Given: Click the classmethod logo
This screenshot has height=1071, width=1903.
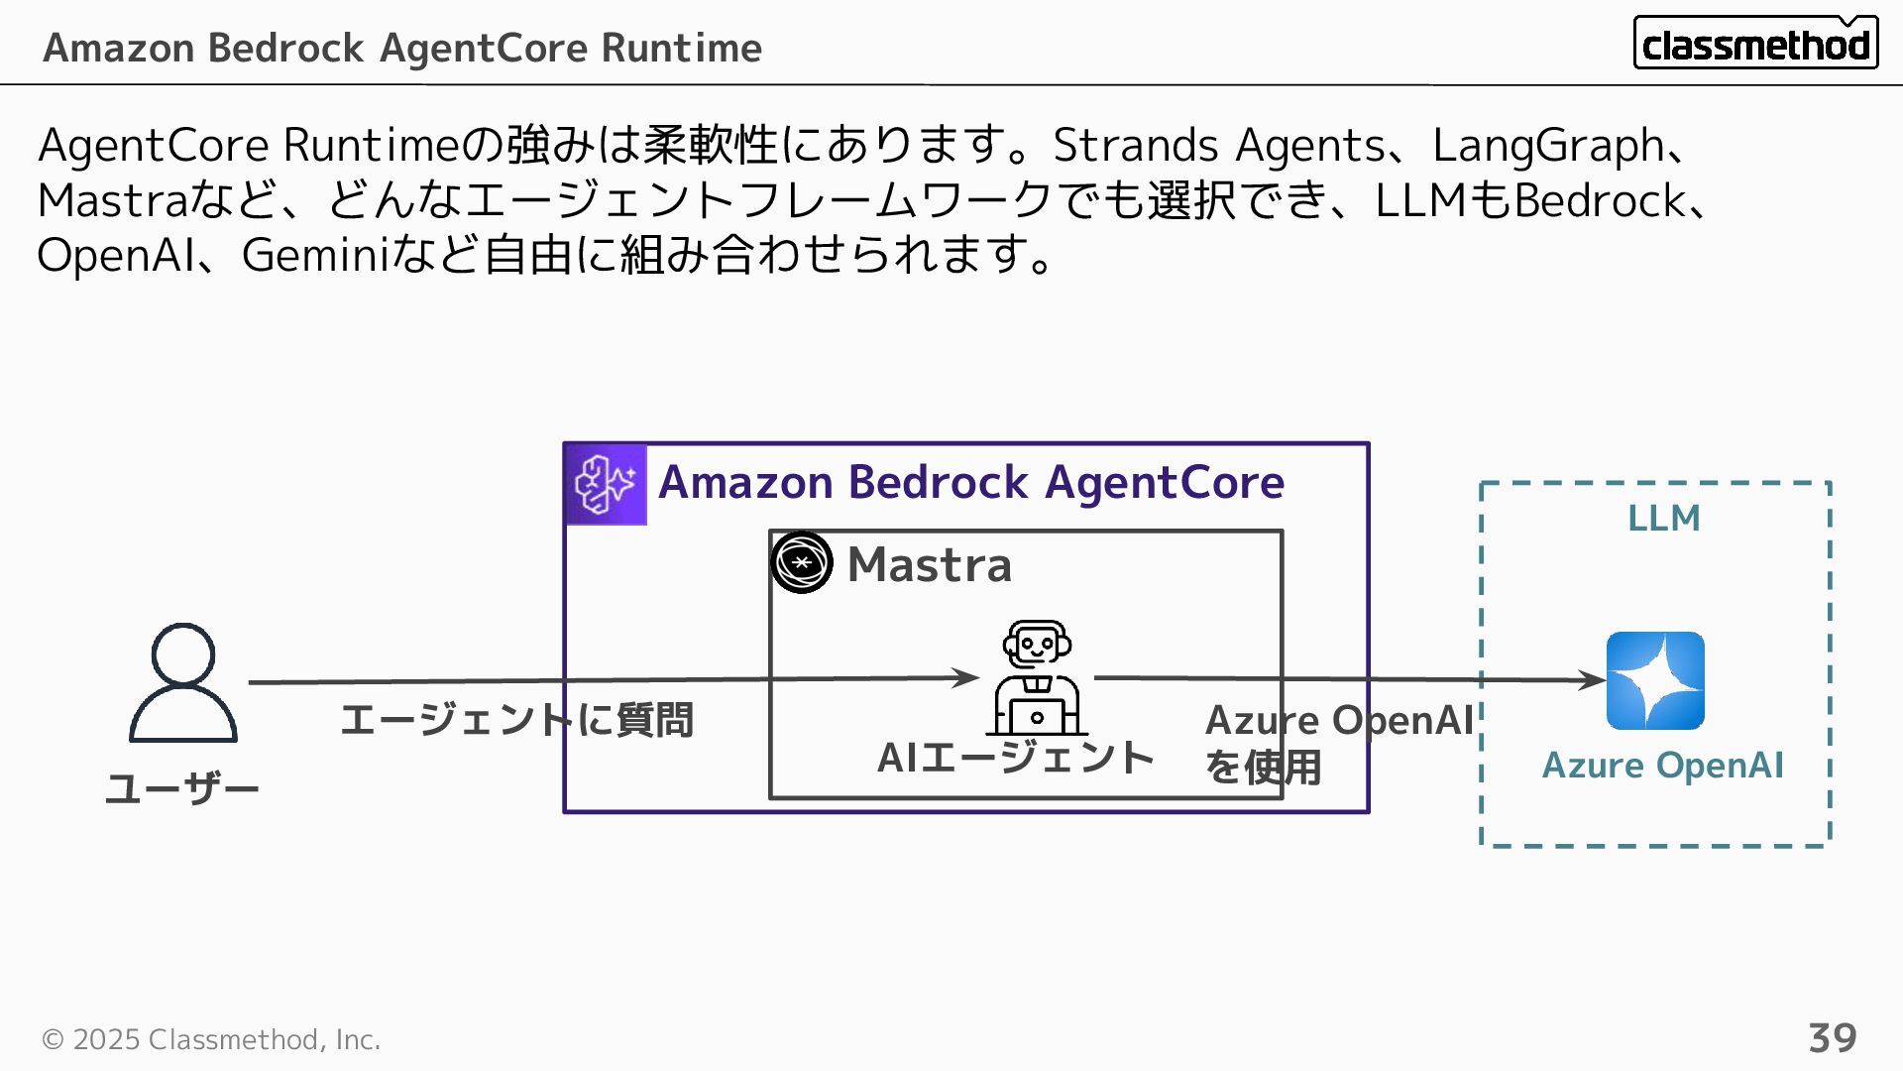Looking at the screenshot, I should [1755, 43].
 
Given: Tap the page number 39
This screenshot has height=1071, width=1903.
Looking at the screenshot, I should [1832, 1038].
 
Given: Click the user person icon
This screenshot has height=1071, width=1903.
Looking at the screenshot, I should [183, 682].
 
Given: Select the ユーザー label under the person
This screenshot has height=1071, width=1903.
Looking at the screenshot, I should [182, 789].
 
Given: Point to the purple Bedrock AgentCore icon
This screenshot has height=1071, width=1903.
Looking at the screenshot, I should [606, 484].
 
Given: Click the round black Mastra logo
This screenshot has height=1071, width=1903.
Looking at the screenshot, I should [802, 562].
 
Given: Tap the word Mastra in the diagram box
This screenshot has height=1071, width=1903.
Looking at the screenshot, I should [930, 564].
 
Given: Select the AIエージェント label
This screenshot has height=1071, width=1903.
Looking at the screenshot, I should [1016, 758].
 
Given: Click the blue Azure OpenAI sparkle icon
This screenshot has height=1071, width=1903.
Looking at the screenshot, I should [1655, 680].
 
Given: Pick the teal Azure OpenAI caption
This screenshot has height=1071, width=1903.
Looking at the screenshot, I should [1662, 766].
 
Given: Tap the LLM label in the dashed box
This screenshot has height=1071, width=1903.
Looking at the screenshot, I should [1663, 518].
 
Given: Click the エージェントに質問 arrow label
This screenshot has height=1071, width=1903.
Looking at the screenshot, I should [516, 720].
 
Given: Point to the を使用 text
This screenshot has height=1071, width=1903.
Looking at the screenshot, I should [1263, 767].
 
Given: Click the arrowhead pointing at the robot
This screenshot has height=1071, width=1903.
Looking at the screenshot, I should [965, 677].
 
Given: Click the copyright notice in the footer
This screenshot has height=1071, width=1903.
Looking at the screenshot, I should [211, 1039].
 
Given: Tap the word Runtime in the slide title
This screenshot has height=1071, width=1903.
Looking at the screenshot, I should [681, 48].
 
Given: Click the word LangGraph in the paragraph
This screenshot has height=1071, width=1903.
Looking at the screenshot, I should [1547, 146].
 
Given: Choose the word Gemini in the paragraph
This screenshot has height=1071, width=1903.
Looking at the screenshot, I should [313, 255].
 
